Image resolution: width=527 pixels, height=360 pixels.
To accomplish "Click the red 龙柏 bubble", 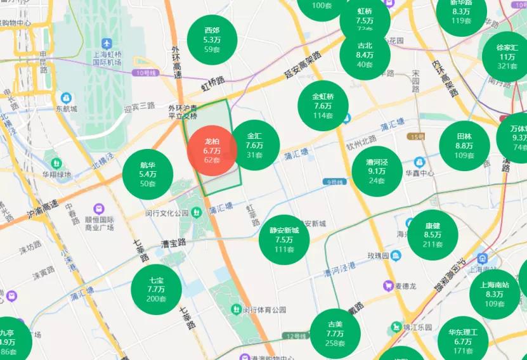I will pyautogui.click(x=212, y=150).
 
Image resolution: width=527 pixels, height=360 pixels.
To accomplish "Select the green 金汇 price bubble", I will pyautogui.click(x=254, y=145).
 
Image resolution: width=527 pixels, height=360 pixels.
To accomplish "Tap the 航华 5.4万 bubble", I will pyautogui.click(x=148, y=174).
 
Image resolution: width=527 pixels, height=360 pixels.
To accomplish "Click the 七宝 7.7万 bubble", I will pyautogui.click(x=156, y=289).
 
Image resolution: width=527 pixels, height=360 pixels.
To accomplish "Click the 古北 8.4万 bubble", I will pyautogui.click(x=365, y=55).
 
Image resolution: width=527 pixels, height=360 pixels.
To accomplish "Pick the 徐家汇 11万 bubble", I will pyautogui.click(x=507, y=57).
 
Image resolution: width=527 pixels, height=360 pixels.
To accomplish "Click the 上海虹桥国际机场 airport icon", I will pyautogui.click(x=106, y=43).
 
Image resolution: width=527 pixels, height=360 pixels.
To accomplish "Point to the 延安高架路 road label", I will pyautogui.click(x=301, y=64).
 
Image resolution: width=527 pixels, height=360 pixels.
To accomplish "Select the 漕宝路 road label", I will pyautogui.click(x=172, y=243).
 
